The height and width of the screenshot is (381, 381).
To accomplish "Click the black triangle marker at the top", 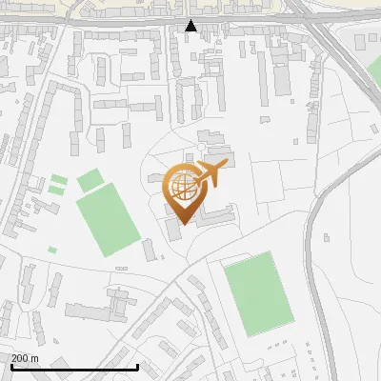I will tap(191, 26).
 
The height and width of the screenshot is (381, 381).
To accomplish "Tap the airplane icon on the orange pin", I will tap(210, 174).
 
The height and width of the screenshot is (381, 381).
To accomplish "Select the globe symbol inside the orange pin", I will tap(183, 187).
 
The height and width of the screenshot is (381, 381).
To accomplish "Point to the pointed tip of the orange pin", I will tap(181, 223).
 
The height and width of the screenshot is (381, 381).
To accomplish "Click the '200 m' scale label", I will tap(26, 358).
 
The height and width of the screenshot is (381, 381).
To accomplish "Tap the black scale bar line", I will tap(74, 367).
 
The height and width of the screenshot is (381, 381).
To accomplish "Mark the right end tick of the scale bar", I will tap(138, 365).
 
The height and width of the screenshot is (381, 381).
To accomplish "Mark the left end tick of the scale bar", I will tap(11, 365).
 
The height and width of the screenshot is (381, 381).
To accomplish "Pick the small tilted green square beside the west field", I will tap(90, 179).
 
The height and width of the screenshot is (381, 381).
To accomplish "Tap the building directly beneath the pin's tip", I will tap(174, 231).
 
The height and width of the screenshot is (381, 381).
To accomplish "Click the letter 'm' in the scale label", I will tap(34, 358).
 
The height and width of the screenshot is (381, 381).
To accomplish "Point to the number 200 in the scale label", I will tap(20, 358).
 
